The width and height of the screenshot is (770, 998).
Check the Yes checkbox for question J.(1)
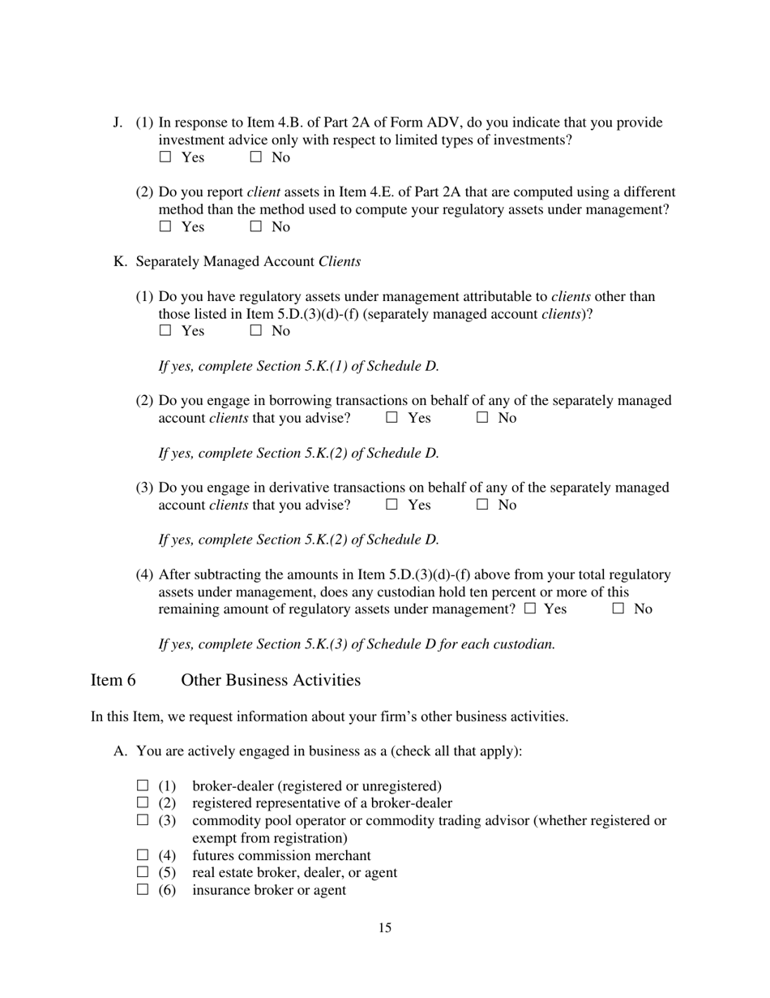pyautogui.click(x=165, y=157)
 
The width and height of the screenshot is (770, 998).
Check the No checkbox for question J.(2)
pyautogui.click(x=256, y=227)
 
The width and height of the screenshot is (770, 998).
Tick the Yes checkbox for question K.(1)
pyautogui.click(x=165, y=331)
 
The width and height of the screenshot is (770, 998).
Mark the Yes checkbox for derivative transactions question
pyautogui.click(x=392, y=505)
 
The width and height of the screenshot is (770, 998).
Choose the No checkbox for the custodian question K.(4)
pyautogui.click(x=619, y=609)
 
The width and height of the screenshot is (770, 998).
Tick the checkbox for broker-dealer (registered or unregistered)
pyautogui.click(x=143, y=785)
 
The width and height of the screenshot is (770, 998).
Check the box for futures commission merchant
pyautogui.click(x=143, y=855)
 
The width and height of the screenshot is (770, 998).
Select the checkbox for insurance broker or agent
pyautogui.click(x=143, y=890)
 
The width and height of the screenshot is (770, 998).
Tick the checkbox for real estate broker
pyautogui.click(x=143, y=872)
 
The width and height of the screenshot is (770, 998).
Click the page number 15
pyautogui.click(x=385, y=928)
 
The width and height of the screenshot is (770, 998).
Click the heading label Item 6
pyautogui.click(x=113, y=680)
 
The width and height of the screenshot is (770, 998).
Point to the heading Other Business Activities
pyautogui.click(x=271, y=680)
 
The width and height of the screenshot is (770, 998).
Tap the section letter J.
pyautogui.click(x=118, y=123)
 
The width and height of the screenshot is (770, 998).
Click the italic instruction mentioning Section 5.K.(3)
pyautogui.click(x=357, y=644)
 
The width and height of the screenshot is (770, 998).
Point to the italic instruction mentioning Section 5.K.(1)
pyautogui.click(x=298, y=366)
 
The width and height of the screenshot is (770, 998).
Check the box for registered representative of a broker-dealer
pyautogui.click(x=143, y=803)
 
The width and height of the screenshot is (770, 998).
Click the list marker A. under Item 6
pyautogui.click(x=120, y=751)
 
